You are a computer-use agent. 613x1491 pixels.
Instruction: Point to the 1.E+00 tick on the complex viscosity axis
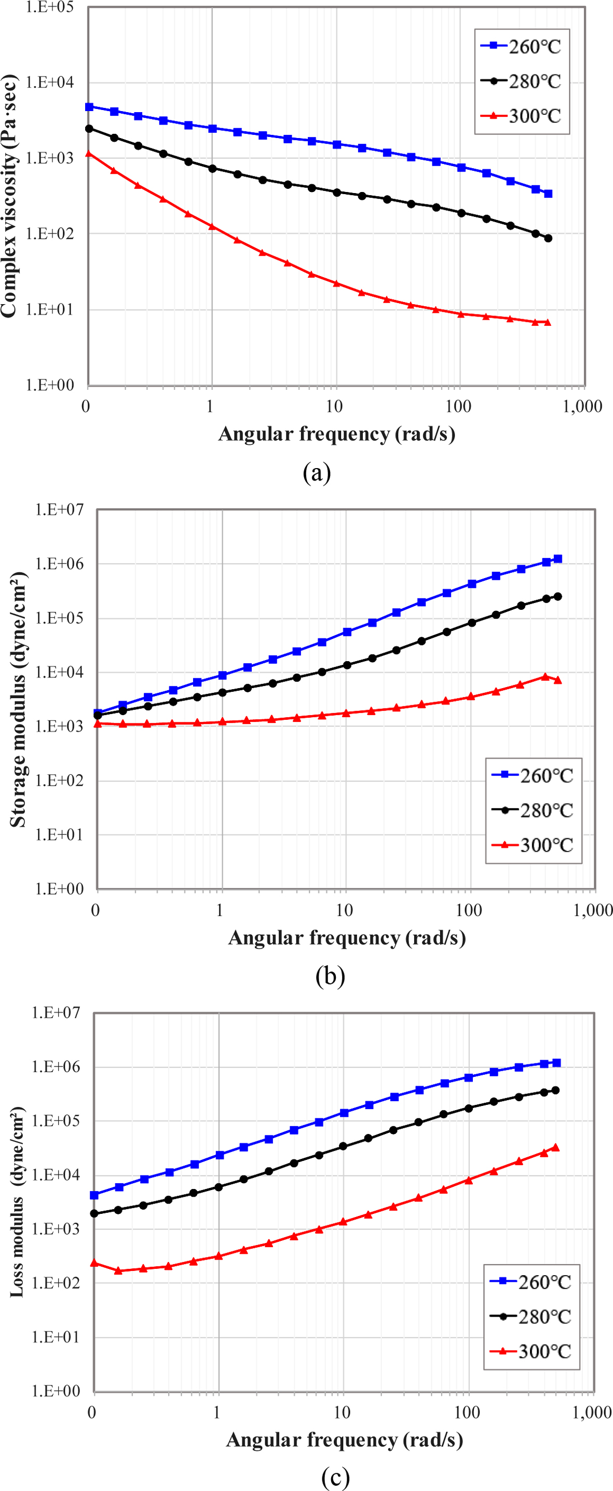(x=50, y=385)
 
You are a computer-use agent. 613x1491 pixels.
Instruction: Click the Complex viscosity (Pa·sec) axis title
(x=9, y=197)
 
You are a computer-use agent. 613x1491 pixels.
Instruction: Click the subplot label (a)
(x=317, y=473)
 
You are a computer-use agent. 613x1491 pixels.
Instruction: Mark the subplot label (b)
(x=330, y=975)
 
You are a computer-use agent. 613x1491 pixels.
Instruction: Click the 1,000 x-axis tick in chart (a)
(x=582, y=406)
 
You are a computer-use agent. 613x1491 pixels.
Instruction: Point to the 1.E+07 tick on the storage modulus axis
(x=59, y=509)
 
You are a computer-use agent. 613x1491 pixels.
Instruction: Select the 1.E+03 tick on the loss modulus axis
(x=56, y=1228)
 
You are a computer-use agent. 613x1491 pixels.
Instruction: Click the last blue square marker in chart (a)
(x=548, y=194)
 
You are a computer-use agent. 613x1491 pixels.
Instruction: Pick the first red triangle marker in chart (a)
(x=89, y=154)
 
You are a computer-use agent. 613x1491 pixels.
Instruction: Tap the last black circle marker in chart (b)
(x=558, y=597)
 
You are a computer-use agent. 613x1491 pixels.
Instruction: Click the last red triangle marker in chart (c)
(x=555, y=1147)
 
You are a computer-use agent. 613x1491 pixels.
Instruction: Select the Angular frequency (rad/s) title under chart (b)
(x=347, y=938)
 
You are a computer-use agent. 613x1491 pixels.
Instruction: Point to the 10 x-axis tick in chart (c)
(x=342, y=1413)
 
